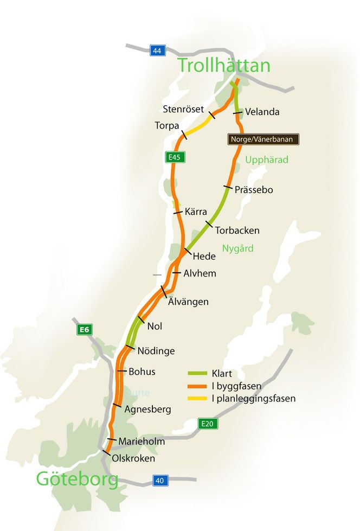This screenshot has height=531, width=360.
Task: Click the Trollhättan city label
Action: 224,66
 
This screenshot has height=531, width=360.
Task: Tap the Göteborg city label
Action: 77,479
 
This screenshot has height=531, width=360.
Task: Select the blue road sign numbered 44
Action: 157,51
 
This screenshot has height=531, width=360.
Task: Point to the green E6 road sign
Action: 83,329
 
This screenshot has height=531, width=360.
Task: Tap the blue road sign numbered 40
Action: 159,481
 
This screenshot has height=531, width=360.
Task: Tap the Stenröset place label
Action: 183,109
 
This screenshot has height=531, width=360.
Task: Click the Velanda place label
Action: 262,112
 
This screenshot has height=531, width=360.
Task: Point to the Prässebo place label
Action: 254,190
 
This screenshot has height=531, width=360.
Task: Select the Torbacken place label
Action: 237,231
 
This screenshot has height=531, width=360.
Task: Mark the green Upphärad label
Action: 267,160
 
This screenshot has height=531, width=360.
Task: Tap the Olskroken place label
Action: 133,458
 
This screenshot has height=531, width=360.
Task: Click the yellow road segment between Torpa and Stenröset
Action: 198,125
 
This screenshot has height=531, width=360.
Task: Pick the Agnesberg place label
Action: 147,410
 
